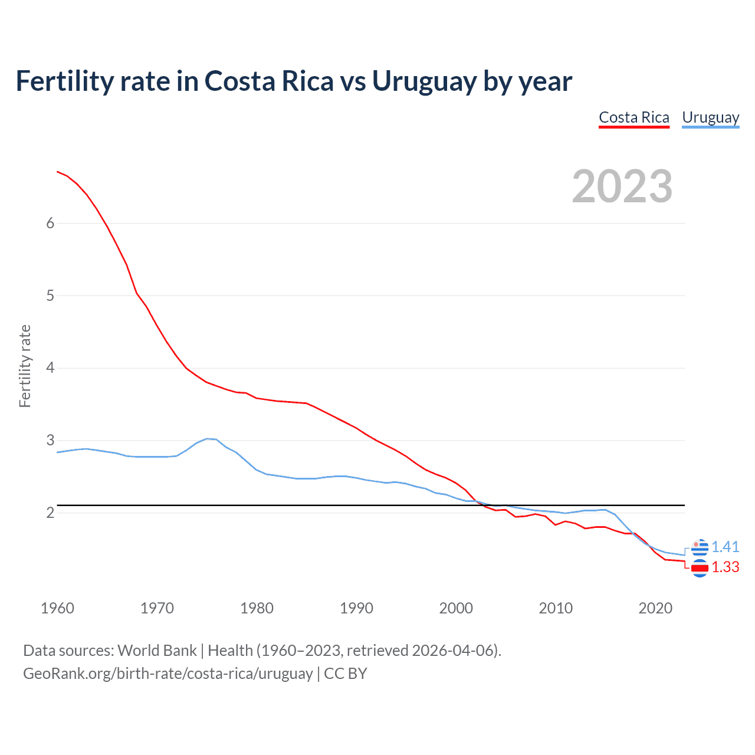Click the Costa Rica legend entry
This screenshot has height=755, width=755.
click(x=634, y=118)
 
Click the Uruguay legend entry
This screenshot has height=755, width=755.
click(x=710, y=118)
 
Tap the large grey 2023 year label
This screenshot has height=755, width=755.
click(x=622, y=186)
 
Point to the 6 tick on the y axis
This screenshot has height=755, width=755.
click(x=50, y=223)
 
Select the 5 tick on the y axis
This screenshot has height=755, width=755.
click(x=50, y=296)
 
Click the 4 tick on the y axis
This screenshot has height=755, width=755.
click(x=50, y=368)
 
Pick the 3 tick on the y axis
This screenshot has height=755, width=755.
click(x=50, y=441)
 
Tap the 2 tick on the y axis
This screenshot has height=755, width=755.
click(x=50, y=513)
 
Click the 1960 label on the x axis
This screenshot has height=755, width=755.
click(x=57, y=608)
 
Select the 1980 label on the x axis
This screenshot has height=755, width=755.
click(x=257, y=608)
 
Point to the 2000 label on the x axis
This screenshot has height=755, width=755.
click(x=456, y=608)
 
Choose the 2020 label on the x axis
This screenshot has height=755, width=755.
click(x=655, y=608)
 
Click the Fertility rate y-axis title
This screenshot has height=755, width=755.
click(x=25, y=366)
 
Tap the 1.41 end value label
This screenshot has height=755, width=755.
click(x=725, y=547)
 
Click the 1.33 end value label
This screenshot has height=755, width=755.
click(x=725, y=567)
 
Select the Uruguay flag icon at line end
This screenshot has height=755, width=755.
click(x=700, y=548)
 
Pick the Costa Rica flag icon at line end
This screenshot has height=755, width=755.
click(x=700, y=569)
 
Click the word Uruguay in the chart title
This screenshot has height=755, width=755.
click(x=424, y=81)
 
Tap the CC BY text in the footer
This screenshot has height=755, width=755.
click(x=346, y=674)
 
